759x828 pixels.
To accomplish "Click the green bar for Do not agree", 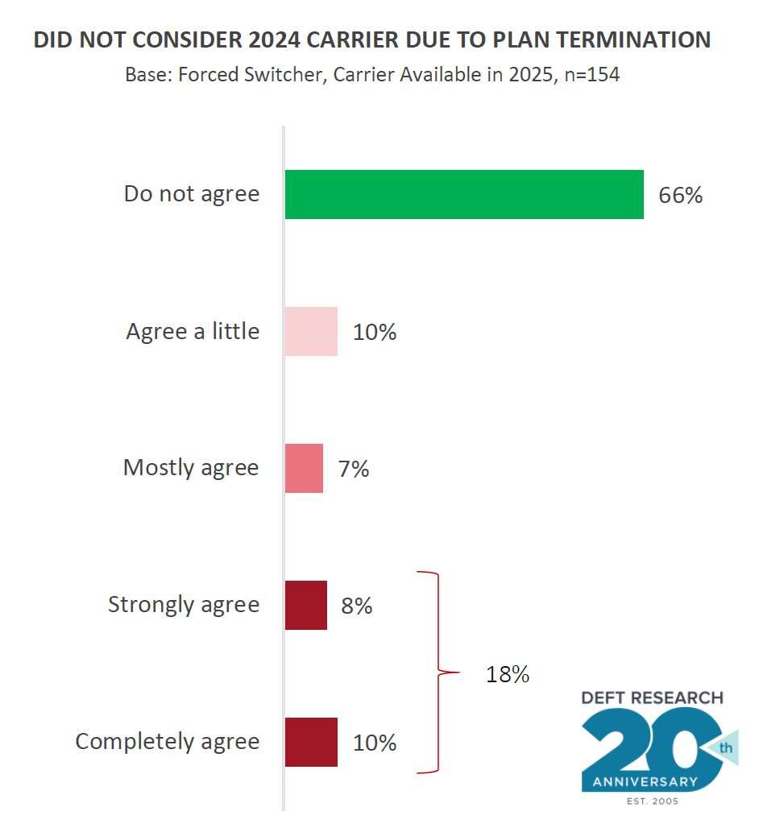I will coord(464,194).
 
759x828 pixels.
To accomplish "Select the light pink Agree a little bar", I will coord(311,331).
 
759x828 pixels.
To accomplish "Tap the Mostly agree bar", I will coord(304,468).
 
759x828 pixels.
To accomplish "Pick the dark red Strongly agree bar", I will coord(306,605).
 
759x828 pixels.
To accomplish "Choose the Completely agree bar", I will coord(311,742).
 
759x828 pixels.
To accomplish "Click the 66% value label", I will coord(680,195).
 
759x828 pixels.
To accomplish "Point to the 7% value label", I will coord(354,469).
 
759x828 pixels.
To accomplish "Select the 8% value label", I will coord(356,606).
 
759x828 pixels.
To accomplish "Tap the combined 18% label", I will coord(507,674).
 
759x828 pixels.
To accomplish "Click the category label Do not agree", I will coord(192,194).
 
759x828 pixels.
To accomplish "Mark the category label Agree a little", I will coord(193,331).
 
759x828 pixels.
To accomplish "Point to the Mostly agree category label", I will coord(191,468).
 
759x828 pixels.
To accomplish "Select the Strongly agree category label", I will coord(184,605).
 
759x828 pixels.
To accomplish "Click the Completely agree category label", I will coord(168,742).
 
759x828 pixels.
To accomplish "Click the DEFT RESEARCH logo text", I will coord(653,698).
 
